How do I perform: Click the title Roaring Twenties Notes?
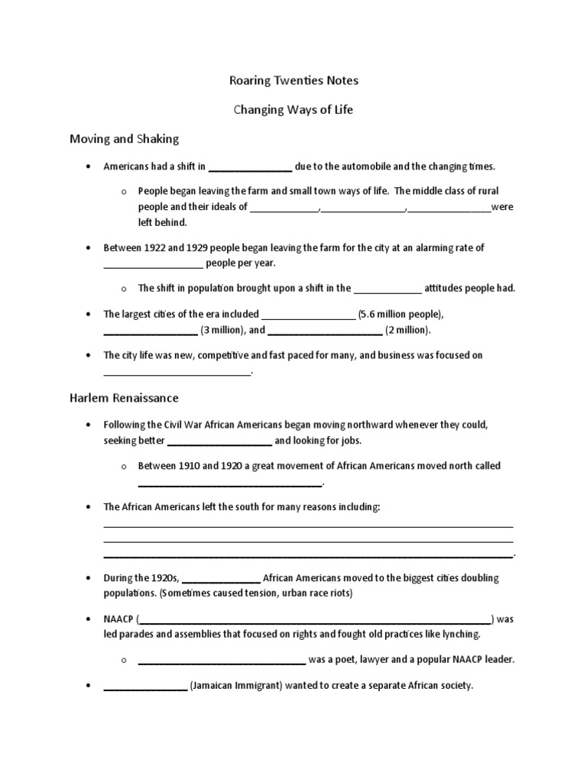pos(293,79)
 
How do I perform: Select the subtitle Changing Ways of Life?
pos(293,109)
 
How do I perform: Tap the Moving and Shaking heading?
pos(124,139)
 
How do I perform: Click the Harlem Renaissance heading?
pos(124,398)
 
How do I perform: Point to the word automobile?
pos(363,166)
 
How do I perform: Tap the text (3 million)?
pos(222,330)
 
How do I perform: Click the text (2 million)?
pos(408,330)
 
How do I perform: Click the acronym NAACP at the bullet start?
pos(118,619)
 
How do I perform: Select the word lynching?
pos(457,634)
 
